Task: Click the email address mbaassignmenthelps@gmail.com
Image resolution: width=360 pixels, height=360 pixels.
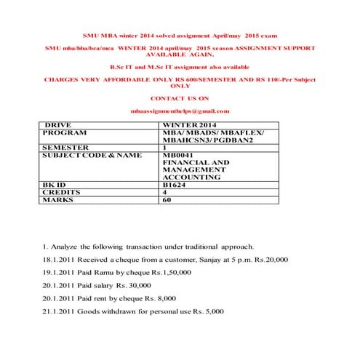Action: pyautogui.click(x=180, y=111)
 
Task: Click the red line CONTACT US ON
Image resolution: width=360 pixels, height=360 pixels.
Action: pyautogui.click(x=180, y=97)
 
